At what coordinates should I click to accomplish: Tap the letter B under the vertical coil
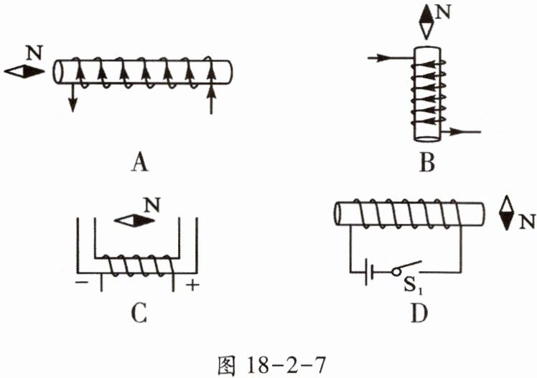428,164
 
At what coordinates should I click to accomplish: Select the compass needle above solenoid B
427,22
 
